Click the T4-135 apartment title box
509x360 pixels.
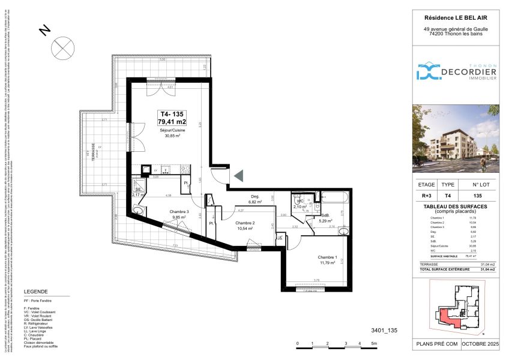click(172, 118)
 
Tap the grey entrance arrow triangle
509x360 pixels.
click(238, 176)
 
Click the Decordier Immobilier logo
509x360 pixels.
click(457, 72)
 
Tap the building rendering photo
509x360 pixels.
click(457, 139)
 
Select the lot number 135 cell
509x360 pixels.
click(478, 196)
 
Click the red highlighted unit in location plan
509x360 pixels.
click(447, 317)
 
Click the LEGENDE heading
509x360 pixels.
click(35, 292)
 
